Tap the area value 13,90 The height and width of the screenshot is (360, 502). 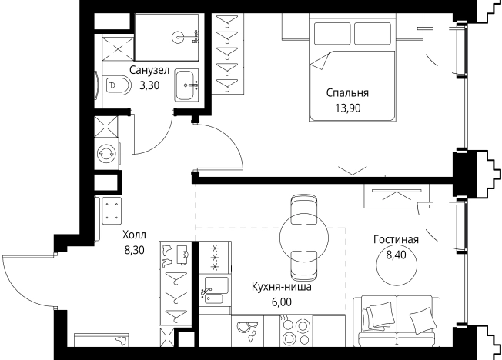point(347,108)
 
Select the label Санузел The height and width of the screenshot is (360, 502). point(149,71)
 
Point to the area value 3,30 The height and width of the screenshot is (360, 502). point(149,85)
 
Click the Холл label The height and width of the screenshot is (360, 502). point(133,235)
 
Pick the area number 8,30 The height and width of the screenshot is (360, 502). point(133,249)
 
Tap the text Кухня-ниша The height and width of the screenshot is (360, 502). point(282,288)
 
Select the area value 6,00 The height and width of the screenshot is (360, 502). point(282,302)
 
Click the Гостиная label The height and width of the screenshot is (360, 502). point(396,239)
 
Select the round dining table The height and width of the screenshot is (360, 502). point(297,231)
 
